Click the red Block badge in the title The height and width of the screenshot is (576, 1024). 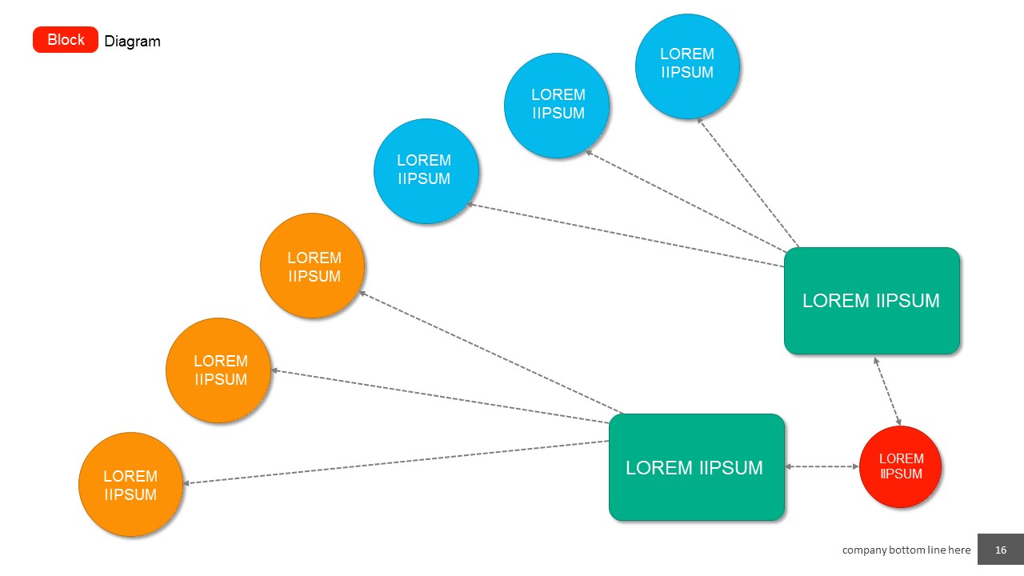(66, 40)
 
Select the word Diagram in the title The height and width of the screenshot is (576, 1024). (133, 42)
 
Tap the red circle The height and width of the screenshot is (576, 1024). (900, 466)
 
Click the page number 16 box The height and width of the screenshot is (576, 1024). (1000, 550)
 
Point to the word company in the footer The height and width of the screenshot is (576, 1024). (865, 550)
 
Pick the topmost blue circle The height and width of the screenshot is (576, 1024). (687, 66)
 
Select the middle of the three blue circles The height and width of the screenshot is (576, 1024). (557, 105)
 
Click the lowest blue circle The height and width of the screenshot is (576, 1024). (426, 170)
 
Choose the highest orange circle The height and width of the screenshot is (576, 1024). (313, 266)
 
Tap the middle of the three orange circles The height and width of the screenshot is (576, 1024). (218, 370)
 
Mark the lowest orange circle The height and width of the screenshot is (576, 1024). (130, 484)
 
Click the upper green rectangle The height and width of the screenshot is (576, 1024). (871, 301)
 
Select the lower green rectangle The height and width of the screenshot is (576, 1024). (696, 467)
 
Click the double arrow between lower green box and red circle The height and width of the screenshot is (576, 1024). (822, 466)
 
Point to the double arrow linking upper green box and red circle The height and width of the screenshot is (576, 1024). (887, 390)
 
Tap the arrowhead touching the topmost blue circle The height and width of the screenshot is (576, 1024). (698, 120)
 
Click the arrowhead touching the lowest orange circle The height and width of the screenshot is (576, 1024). (187, 482)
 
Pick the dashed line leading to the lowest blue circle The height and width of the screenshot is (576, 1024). (624, 235)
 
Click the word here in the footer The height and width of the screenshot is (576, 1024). (958, 550)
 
